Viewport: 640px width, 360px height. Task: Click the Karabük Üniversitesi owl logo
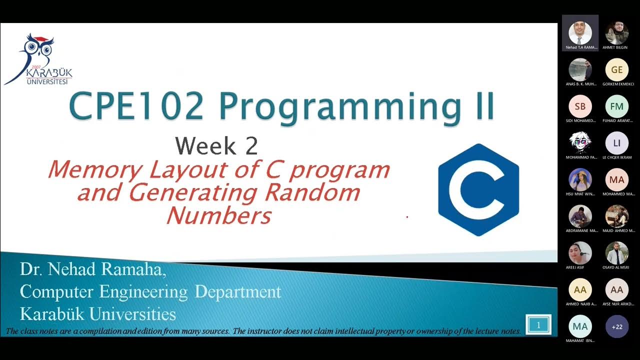[x=38, y=59]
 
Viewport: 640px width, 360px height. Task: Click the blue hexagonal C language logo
[x=478, y=189]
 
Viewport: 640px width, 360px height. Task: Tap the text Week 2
[x=216, y=145]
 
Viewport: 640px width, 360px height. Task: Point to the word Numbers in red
[x=218, y=216]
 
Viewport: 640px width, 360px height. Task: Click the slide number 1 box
[x=538, y=325]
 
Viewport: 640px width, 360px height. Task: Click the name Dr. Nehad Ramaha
[x=93, y=270]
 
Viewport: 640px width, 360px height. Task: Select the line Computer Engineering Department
[x=150, y=291]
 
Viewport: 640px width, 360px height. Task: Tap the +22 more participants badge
[x=616, y=326]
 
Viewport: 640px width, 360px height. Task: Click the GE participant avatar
[x=616, y=70]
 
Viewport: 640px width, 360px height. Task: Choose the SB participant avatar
[x=580, y=106]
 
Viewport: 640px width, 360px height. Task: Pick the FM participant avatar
[x=616, y=106]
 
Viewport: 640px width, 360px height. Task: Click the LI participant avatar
[x=616, y=143]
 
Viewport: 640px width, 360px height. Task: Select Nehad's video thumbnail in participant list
[x=580, y=33]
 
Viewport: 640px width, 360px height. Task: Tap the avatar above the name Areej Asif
[x=580, y=253]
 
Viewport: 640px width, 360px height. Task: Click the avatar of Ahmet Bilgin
[x=616, y=33]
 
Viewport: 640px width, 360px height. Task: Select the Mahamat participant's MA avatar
[x=580, y=326]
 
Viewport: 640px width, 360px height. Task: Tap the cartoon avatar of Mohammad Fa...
[x=580, y=143]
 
